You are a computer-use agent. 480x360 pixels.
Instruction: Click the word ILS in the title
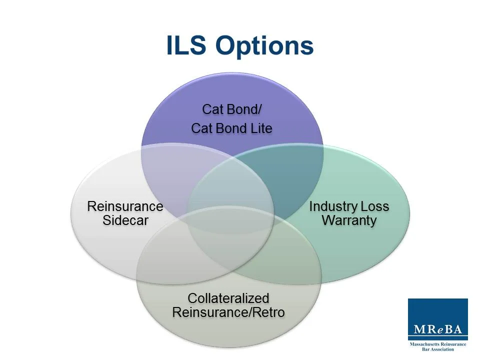187,46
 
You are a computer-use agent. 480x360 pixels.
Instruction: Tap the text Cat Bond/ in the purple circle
231,109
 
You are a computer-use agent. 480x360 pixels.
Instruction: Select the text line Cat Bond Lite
231,128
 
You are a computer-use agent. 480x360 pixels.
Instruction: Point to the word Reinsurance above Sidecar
125,206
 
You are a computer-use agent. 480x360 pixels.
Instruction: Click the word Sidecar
125,220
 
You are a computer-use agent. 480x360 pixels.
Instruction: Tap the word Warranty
349,220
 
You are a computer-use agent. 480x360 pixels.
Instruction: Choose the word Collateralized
228,298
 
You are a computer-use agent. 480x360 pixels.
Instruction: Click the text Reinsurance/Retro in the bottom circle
228,312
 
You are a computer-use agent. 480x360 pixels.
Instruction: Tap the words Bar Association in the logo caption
438,349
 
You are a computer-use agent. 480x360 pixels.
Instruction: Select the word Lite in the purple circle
261,128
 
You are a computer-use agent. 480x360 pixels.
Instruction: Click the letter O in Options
226,46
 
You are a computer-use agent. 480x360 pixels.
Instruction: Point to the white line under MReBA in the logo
437,338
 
